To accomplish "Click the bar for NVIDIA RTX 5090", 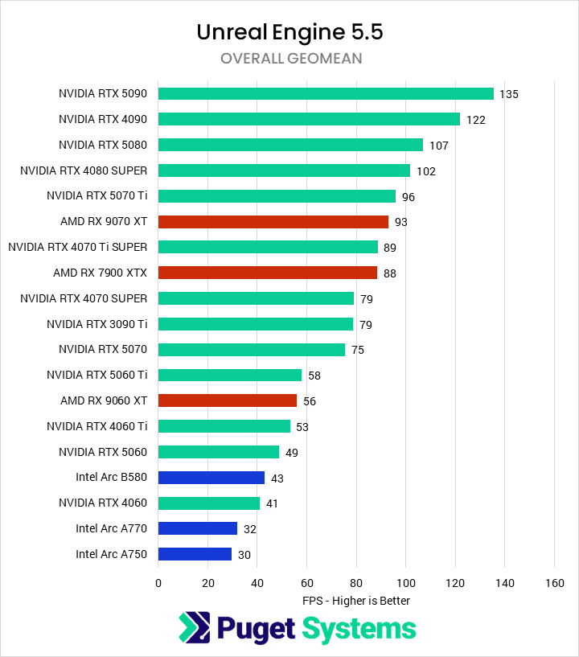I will click(326, 93).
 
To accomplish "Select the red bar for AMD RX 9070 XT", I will click(273, 221).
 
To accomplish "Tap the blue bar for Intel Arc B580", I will click(211, 478).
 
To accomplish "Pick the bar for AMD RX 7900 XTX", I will click(268, 273).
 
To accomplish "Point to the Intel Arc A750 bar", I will click(195, 554).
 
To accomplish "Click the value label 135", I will click(509, 94).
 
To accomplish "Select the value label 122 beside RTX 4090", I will click(475, 120).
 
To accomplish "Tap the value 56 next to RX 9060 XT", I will click(310, 401).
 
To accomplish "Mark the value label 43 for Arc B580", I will click(277, 478).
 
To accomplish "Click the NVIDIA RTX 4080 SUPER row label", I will click(84, 170).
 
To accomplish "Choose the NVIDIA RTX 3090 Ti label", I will click(97, 324).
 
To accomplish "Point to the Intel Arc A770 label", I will click(112, 528).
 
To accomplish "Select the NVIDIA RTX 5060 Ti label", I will click(97, 375).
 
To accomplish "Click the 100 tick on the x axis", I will click(406, 582).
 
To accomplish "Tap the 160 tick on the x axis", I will click(554, 582).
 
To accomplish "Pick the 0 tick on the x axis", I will click(158, 582).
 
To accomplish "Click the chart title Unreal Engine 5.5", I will click(290, 32).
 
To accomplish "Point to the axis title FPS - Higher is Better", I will click(356, 601).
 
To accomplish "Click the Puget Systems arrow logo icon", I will click(194, 628).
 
